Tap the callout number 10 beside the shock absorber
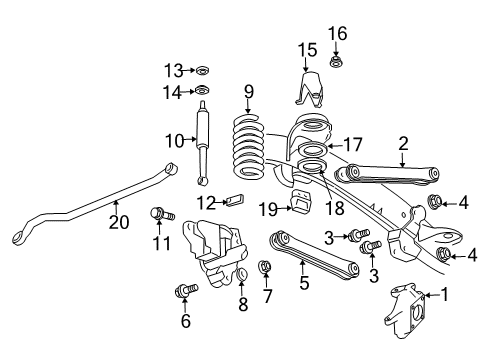(175, 141)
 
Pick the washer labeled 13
(201, 70)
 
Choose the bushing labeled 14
(202, 92)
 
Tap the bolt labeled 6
(187, 290)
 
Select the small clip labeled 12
(234, 199)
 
